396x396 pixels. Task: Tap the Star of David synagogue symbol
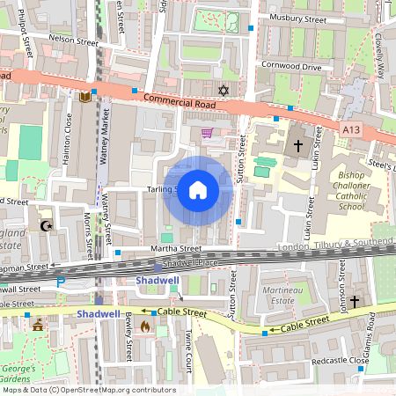223,90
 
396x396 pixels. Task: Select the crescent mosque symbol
46,225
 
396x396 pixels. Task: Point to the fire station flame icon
145,326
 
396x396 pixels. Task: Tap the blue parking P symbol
61,282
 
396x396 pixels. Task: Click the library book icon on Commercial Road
84,96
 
